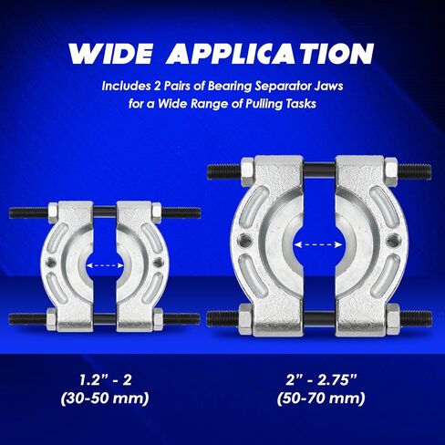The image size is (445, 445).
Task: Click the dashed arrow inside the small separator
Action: [x=106, y=265]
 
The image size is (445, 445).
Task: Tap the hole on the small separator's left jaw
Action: [x=55, y=265]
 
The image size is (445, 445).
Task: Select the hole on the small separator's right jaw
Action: [x=158, y=265]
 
